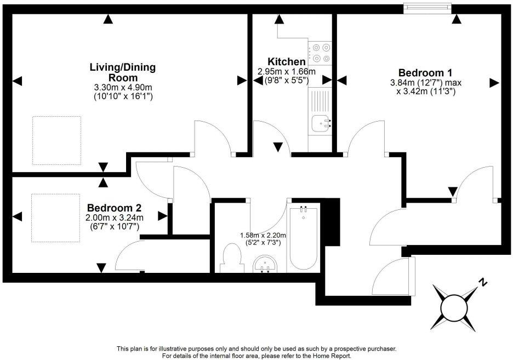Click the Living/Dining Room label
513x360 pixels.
[123, 72]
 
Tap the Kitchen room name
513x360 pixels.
[286, 61]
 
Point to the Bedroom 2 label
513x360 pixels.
[115, 208]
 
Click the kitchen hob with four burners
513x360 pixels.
[321, 53]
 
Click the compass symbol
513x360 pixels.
[454, 304]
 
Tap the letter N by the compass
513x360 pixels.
[482, 283]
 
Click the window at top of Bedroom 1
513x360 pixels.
[428, 7]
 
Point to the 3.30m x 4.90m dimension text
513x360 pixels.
[123, 87]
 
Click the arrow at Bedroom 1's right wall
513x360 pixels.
[494, 82]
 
